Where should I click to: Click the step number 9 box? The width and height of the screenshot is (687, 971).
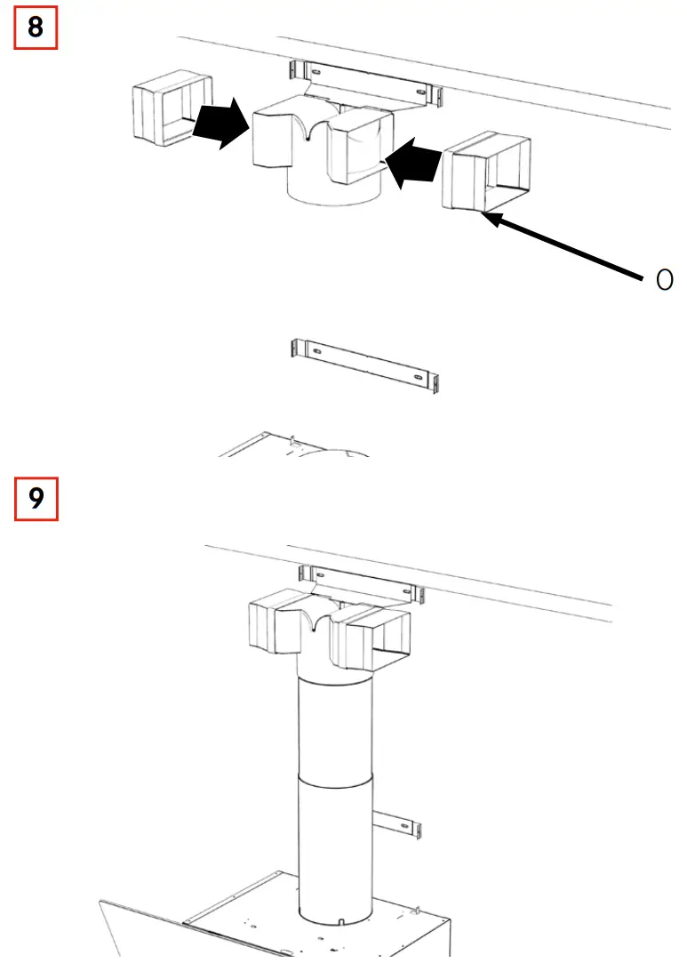point(36,499)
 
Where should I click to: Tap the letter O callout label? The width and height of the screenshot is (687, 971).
point(664,281)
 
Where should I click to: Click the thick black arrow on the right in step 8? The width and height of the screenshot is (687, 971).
point(415,163)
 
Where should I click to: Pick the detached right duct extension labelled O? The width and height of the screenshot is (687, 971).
point(486,172)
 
